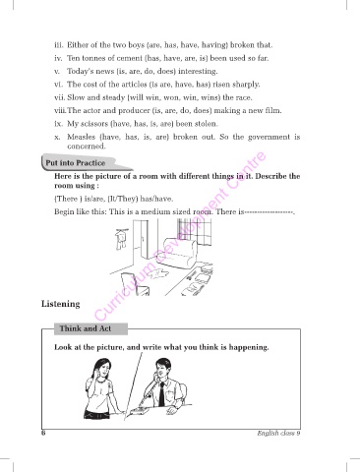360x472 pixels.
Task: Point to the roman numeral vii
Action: [x=60, y=97]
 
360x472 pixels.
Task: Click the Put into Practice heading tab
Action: [x=79, y=162]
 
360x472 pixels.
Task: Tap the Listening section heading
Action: [x=61, y=304]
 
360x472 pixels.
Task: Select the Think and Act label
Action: [x=86, y=328]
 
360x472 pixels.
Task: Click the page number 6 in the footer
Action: [x=43, y=433]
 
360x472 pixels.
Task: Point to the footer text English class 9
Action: [x=278, y=433]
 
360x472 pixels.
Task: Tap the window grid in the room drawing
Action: [x=195, y=232]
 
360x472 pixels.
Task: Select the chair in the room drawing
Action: [x=135, y=284]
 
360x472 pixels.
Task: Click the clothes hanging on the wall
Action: [x=120, y=240]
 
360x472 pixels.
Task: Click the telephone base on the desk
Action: [x=139, y=410]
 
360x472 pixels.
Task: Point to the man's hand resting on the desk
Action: [x=173, y=410]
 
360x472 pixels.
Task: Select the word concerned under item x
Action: [x=87, y=147]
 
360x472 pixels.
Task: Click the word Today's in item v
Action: [x=78, y=72]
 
